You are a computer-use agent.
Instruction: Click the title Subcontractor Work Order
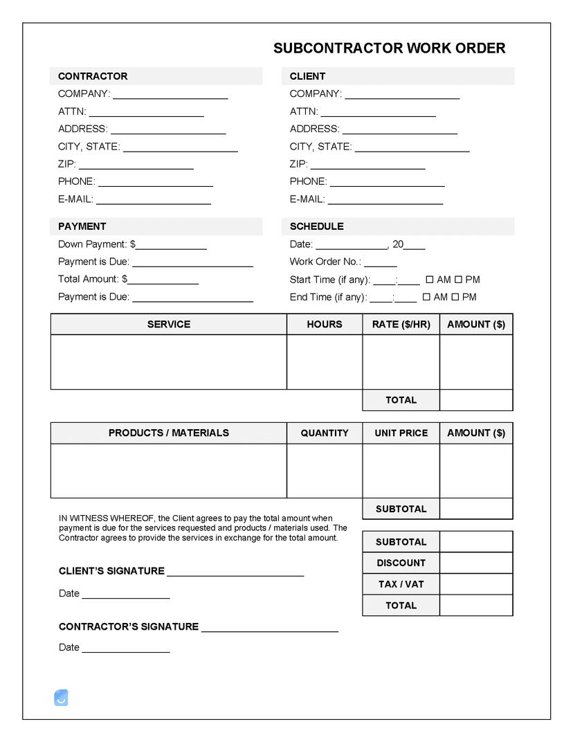[389, 48]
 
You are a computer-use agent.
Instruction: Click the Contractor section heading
[93, 76]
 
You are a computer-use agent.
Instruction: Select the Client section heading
[307, 76]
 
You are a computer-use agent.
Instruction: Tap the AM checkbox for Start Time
[429, 280]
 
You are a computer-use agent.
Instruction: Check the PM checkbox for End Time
[457, 297]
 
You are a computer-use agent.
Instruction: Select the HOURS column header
[325, 324]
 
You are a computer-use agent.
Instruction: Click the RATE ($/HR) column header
[401, 324]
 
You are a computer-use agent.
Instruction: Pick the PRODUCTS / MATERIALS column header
[168, 433]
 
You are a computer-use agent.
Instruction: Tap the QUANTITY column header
[325, 433]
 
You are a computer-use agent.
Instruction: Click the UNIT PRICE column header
[401, 433]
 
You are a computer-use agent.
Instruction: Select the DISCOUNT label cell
[401, 563]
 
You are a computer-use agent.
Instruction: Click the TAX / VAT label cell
[401, 584]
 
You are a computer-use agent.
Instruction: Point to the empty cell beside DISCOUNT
[476, 563]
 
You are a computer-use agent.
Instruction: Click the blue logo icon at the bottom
[61, 698]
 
